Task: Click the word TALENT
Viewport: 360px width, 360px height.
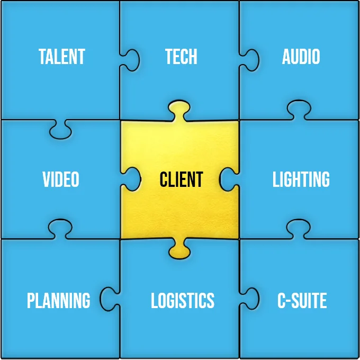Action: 62,57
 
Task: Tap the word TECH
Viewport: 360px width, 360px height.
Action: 181,57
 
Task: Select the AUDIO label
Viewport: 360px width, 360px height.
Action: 301,57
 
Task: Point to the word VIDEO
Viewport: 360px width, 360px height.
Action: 61,179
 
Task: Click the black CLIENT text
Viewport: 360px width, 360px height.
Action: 181,179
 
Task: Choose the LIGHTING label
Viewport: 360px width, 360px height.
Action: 301,179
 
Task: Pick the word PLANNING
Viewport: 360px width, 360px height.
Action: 59,300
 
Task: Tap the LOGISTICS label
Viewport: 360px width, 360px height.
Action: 183,300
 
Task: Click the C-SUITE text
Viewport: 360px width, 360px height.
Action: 302,300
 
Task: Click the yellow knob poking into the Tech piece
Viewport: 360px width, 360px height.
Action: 179,110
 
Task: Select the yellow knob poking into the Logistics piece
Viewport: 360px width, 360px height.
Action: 179,249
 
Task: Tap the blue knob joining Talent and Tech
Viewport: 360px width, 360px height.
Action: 131,60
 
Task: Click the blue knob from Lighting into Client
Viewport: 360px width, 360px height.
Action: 228,179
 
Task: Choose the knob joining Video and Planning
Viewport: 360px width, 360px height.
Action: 60,228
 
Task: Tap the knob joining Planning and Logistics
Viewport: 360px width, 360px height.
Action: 109,299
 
